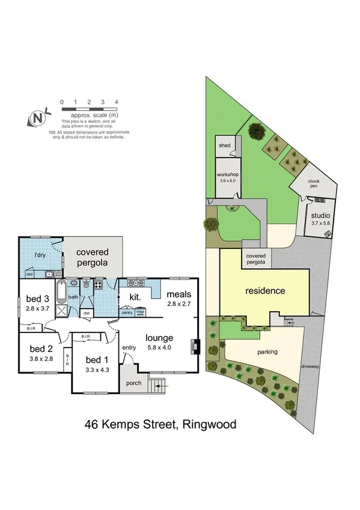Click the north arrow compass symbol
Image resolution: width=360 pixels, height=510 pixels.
coord(38,118)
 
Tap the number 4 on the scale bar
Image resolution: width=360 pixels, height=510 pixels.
coord(116,102)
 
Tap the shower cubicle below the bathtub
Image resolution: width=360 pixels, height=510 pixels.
coord(61,311)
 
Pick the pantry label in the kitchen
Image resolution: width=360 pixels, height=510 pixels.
coord(127,312)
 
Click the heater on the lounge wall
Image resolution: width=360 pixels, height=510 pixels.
coord(194,346)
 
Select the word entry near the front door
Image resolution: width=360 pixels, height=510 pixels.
coord(129,348)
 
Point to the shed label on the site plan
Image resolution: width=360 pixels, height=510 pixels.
coord(224,146)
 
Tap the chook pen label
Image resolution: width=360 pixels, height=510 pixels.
coord(313,183)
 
